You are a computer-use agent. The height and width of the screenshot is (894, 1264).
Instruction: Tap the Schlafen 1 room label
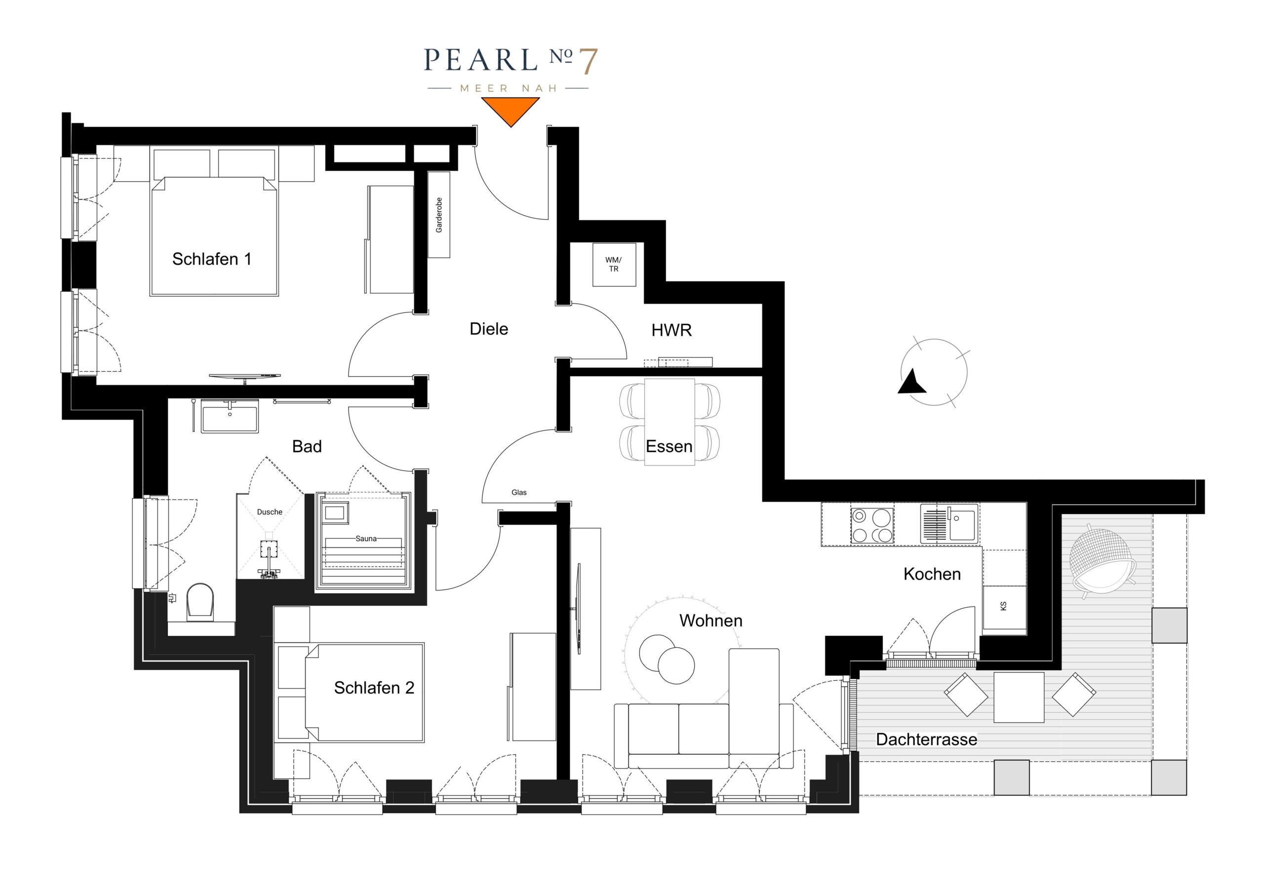[x=212, y=259]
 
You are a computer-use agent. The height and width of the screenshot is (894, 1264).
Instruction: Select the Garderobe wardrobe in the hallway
[x=439, y=215]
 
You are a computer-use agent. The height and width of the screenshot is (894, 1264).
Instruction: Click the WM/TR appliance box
[x=614, y=264]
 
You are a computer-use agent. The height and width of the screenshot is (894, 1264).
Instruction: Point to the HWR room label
[x=671, y=330]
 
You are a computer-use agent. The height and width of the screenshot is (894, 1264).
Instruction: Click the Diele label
[x=489, y=329]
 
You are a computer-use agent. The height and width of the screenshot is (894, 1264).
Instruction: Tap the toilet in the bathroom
[x=200, y=602]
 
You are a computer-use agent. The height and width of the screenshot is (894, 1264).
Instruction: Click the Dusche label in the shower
[x=270, y=512]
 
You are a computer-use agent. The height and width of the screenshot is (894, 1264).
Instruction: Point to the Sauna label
[x=366, y=539]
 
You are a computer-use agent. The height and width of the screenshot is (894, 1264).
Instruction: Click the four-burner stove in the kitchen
[x=872, y=525]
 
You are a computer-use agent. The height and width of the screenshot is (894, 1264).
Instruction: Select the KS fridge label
[x=1003, y=606]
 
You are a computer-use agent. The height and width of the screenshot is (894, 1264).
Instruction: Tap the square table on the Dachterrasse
[x=1019, y=697]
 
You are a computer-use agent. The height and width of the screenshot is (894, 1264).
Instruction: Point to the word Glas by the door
[x=519, y=493]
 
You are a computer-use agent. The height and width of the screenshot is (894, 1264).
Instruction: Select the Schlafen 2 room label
[x=374, y=688]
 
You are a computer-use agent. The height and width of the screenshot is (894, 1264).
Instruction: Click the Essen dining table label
[x=669, y=446]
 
